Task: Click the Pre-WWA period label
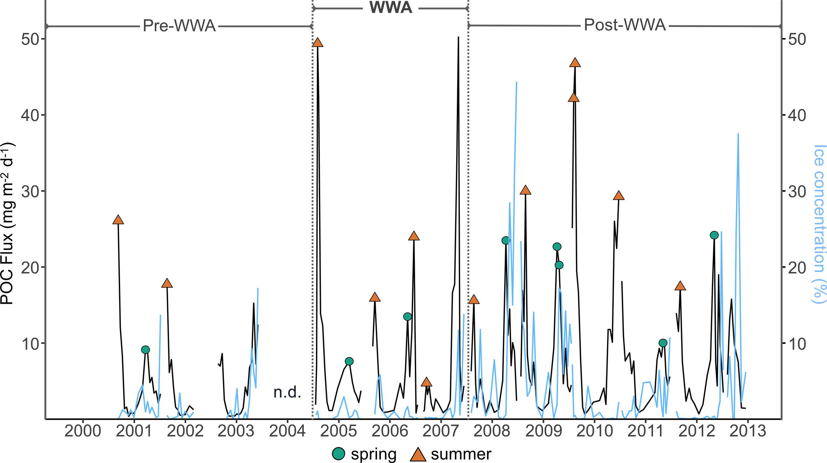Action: pyautogui.click(x=179, y=26)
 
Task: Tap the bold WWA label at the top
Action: pyautogui.click(x=391, y=8)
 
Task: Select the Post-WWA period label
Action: pyautogui.click(x=625, y=25)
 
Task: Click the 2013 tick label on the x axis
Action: pyautogui.click(x=748, y=431)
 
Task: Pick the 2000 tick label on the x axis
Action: pyautogui.click(x=83, y=431)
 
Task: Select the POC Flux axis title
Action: pyautogui.click(x=7, y=223)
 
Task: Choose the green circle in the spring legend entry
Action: pyautogui.click(x=338, y=454)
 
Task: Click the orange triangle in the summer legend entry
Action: pyautogui.click(x=418, y=454)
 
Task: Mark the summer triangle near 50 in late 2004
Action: pyautogui.click(x=318, y=43)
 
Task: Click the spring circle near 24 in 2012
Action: pyautogui.click(x=714, y=235)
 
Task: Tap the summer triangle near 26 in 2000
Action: pyautogui.click(x=118, y=220)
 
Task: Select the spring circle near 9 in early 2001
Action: pyautogui.click(x=145, y=350)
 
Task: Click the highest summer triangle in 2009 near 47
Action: pyautogui.click(x=575, y=63)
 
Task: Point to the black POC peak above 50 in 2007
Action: pyautogui.click(x=458, y=37)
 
